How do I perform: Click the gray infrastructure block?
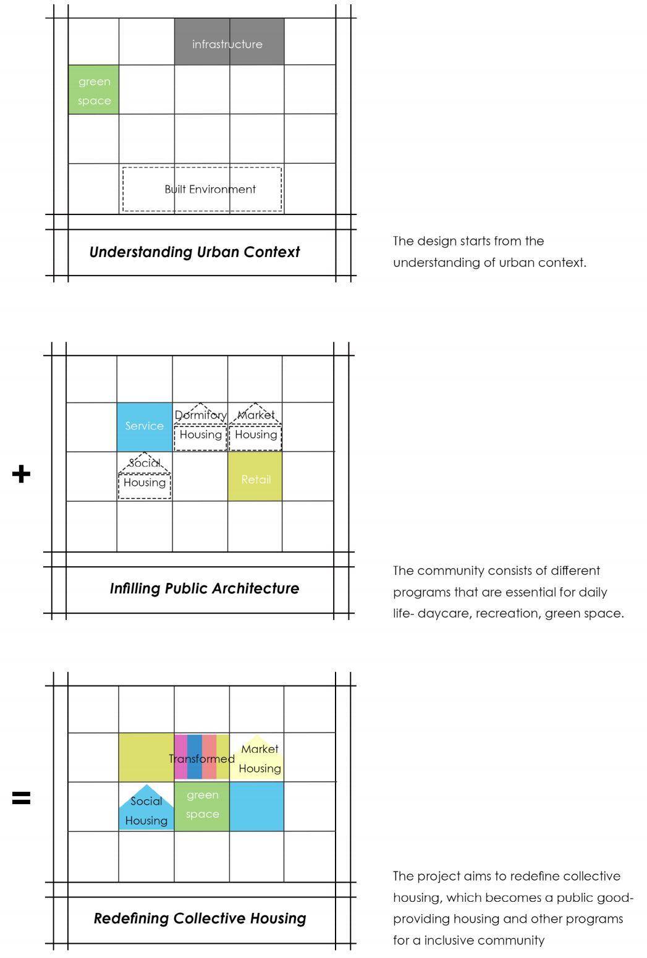pos(229,41)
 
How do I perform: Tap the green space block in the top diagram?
pos(93,90)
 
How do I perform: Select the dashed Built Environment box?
pos(202,189)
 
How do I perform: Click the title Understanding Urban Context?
pos(194,252)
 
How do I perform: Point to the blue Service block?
pos(145,426)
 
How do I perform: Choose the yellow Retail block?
pos(255,476)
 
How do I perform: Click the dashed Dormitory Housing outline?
pos(200,427)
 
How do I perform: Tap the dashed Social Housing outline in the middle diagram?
pos(145,477)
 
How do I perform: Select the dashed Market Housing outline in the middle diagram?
pos(255,427)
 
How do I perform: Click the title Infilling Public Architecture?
pos(204,588)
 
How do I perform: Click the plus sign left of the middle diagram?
pos(21,474)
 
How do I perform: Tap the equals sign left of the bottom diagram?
pos(21,799)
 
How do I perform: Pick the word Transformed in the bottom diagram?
pos(201,758)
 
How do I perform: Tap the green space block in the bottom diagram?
pos(202,805)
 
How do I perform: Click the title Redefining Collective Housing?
pos(200,918)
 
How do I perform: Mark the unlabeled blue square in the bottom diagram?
pos(256,806)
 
